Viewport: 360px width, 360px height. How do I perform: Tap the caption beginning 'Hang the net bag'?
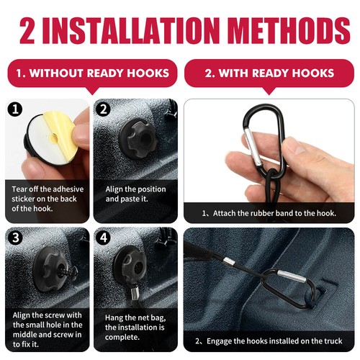click(135, 326)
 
